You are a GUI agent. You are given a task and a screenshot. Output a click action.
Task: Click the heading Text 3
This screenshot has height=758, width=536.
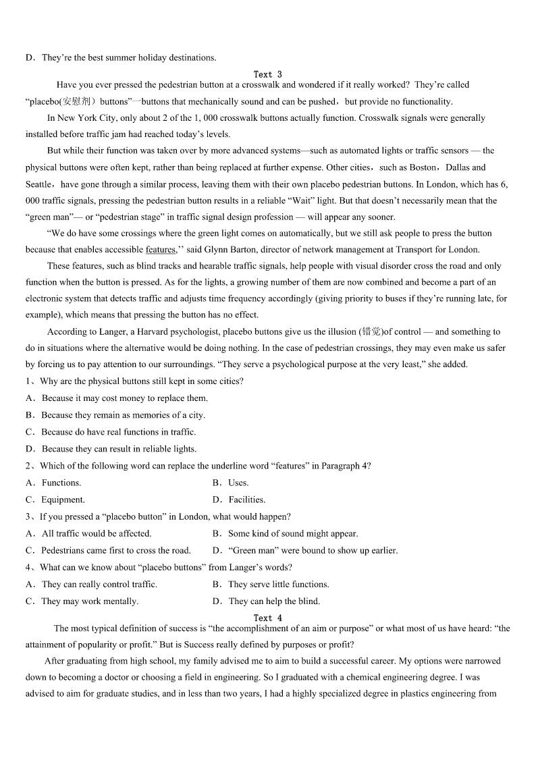point(267,74)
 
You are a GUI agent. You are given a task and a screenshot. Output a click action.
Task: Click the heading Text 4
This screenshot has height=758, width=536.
point(267,618)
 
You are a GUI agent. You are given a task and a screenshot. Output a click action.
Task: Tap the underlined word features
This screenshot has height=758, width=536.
point(161,250)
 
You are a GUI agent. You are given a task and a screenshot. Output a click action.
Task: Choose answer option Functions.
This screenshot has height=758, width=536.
point(61,483)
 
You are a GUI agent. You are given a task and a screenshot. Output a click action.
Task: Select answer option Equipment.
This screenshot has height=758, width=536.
point(63,499)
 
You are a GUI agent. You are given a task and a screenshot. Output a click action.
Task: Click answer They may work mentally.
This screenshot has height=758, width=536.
point(89,601)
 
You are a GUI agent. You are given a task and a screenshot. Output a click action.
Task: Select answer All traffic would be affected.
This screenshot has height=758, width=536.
point(97,533)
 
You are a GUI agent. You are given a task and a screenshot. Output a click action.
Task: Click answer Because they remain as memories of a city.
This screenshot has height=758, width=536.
point(123,415)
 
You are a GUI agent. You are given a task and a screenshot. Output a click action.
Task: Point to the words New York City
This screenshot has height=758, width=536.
point(85,118)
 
